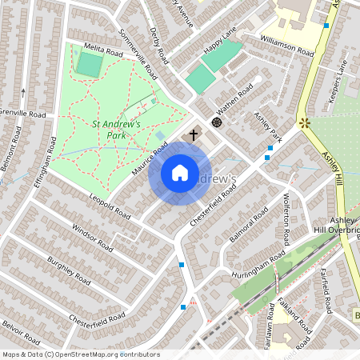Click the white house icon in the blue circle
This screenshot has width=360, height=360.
(x=180, y=172)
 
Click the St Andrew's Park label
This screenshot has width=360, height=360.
(x=117, y=129)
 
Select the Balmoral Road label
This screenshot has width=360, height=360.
(x=249, y=229)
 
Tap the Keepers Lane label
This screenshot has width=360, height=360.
(x=342, y=85)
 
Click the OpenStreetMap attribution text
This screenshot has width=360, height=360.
(x=81, y=354)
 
